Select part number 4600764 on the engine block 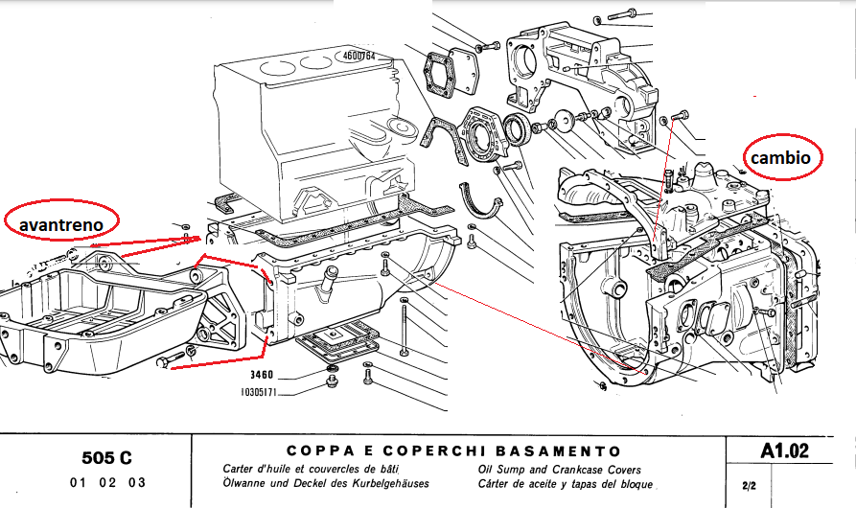click(358, 57)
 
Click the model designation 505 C click(107, 457)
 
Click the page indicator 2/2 click(749, 485)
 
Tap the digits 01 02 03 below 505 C click(107, 483)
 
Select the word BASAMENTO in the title click(567, 450)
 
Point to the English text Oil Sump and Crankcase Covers click(557, 471)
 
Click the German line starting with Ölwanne click(326, 485)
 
